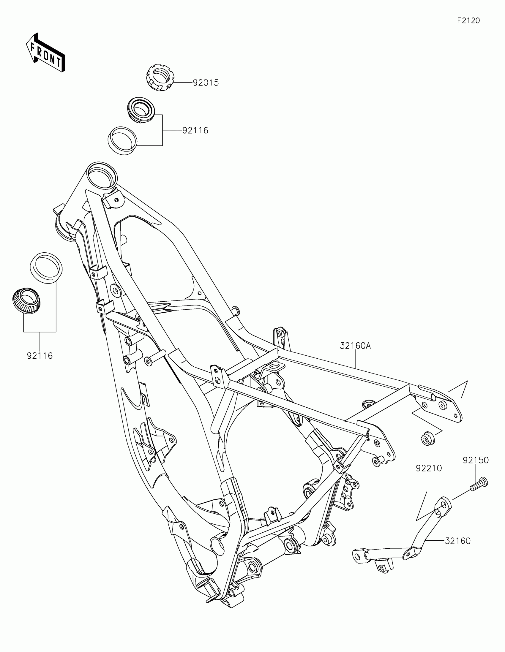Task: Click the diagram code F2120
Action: pyautogui.click(x=468, y=20)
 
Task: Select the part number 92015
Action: pyautogui.click(x=206, y=83)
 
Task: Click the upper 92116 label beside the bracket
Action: pyautogui.click(x=195, y=130)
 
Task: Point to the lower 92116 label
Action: pyautogui.click(x=40, y=356)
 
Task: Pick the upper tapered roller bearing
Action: pyautogui.click(x=141, y=110)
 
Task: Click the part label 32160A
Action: pyautogui.click(x=355, y=346)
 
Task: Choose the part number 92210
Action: pyautogui.click(x=429, y=468)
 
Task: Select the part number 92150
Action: pyautogui.click(x=476, y=460)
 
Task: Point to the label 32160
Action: pyautogui.click(x=457, y=541)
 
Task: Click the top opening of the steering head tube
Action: pyautogui.click(x=102, y=176)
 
